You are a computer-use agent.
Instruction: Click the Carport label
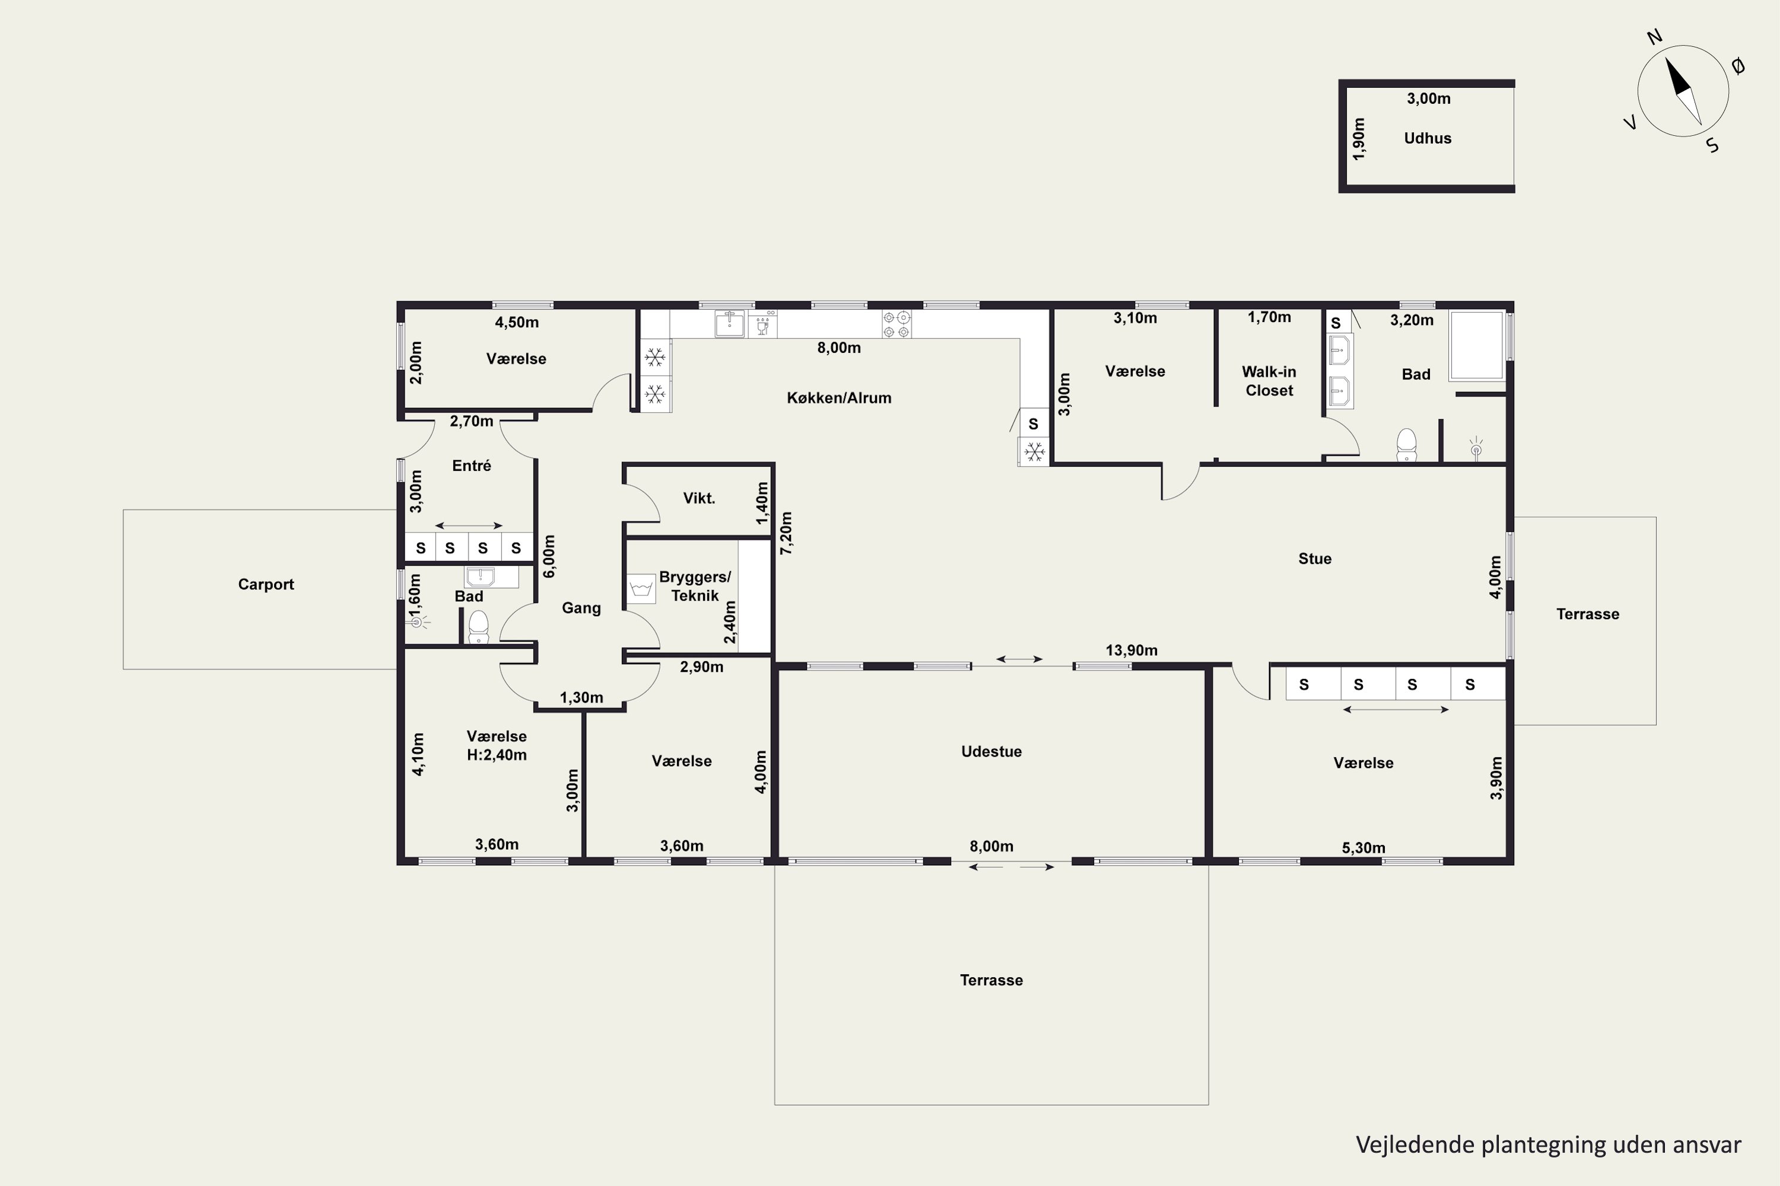pyautogui.click(x=266, y=584)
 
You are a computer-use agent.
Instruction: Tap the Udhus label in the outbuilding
pyautogui.click(x=1428, y=138)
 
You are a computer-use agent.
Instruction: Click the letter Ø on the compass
pyautogui.click(x=1738, y=66)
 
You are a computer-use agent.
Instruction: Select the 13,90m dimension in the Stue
pyautogui.click(x=1131, y=650)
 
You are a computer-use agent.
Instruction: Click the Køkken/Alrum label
pyautogui.click(x=838, y=398)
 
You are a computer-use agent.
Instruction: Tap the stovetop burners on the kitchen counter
pyautogui.click(x=896, y=324)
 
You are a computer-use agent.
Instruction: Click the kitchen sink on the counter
pyautogui.click(x=730, y=324)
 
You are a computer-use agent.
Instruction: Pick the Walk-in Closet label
pyautogui.click(x=1269, y=381)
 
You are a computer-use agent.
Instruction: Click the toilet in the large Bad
pyautogui.click(x=1406, y=445)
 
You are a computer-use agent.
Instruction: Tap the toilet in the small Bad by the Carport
pyautogui.click(x=478, y=627)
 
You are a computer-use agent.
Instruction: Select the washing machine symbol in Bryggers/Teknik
pyautogui.click(x=641, y=588)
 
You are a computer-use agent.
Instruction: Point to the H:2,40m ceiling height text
pyautogui.click(x=497, y=755)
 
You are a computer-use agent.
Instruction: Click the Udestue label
pyautogui.click(x=991, y=751)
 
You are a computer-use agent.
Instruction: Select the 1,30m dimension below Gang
pyautogui.click(x=581, y=697)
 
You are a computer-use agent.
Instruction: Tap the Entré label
pyautogui.click(x=472, y=465)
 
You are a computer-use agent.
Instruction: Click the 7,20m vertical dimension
pyautogui.click(x=786, y=533)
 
